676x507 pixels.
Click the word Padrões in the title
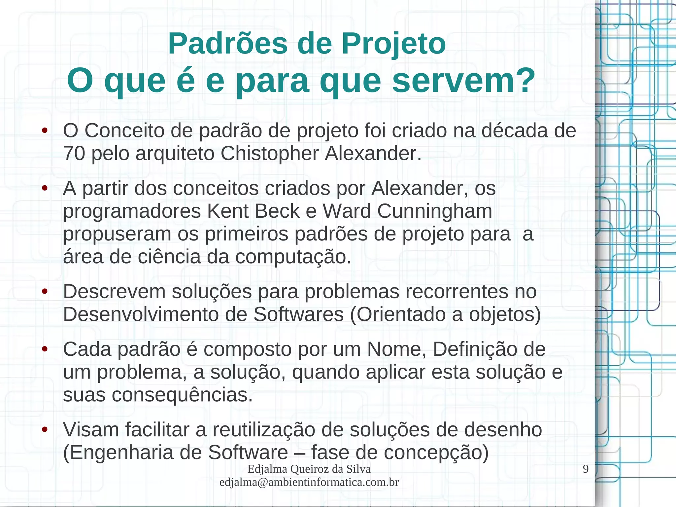click(228, 44)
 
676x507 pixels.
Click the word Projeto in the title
click(393, 44)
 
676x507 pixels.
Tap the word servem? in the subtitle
click(463, 81)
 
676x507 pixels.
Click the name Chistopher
click(270, 154)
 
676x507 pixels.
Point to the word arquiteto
click(175, 154)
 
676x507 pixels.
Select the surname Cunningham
click(435, 212)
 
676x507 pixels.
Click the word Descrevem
click(114, 292)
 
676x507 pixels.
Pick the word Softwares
click(298, 314)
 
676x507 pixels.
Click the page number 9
click(586, 469)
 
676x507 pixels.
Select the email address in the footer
click(309, 482)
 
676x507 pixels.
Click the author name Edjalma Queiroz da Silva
click(309, 469)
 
